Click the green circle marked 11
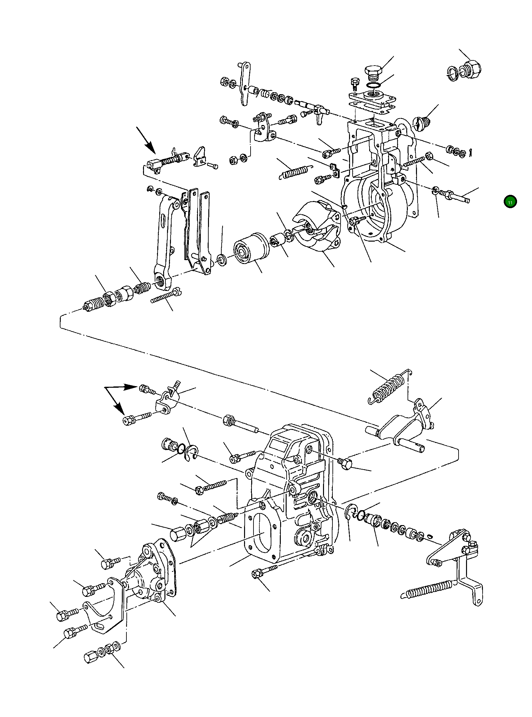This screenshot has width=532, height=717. pos(510,202)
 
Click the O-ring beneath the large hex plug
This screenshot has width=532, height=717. pos(373,85)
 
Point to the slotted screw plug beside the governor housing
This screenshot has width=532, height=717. pos(422,122)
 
